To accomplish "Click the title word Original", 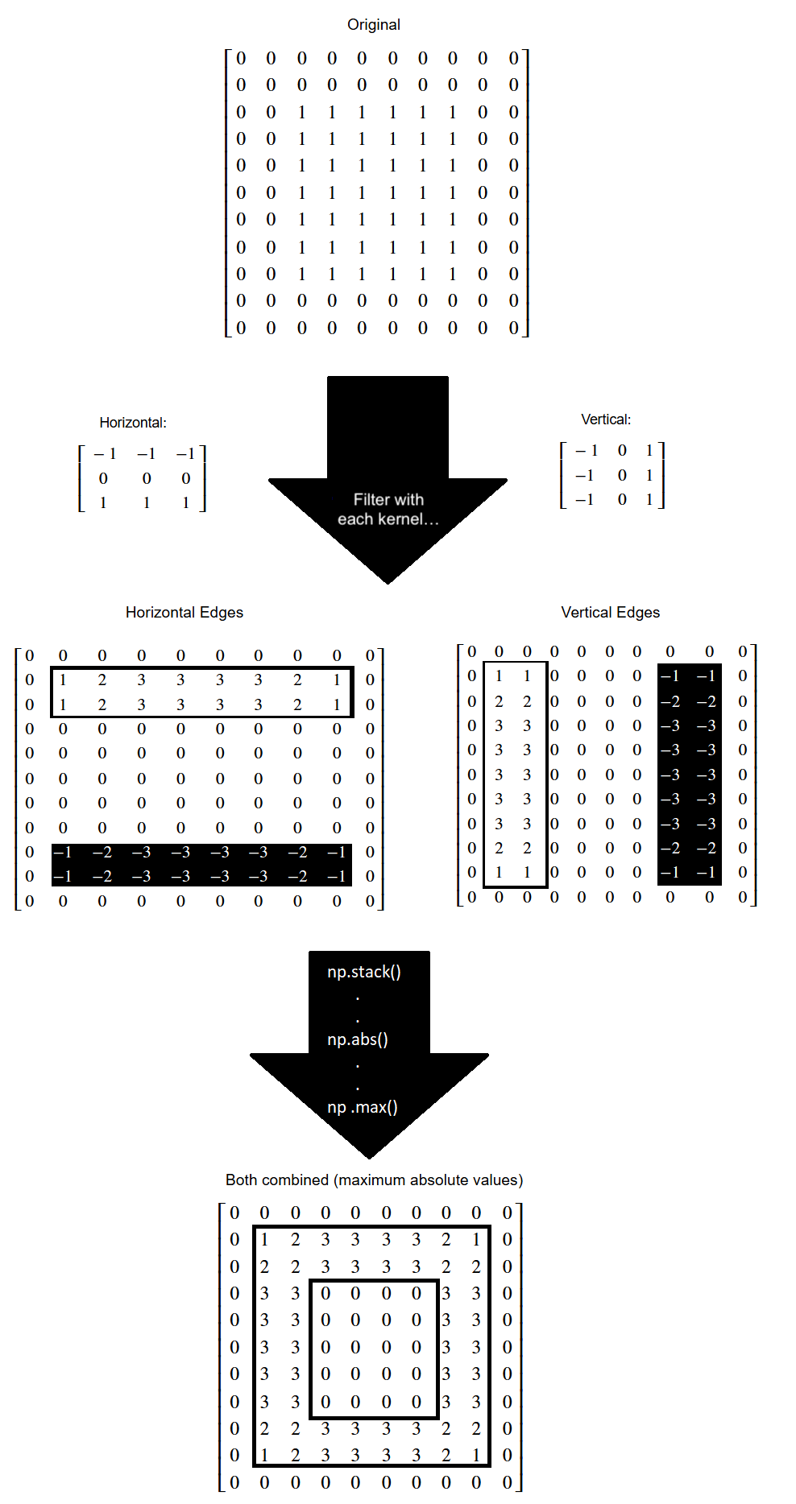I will coord(373,25).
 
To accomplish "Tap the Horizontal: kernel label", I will coord(133,423).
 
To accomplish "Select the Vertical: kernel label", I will coord(606,419).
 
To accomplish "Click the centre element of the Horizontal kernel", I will coord(147,478).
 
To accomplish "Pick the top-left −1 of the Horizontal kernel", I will coord(105,454).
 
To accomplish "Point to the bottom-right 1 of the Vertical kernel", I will coord(649,500).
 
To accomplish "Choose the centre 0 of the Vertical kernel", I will coord(622,476).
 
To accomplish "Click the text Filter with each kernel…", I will coord(388,510).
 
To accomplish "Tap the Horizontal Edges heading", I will coord(184,613).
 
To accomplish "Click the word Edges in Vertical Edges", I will coord(637,613).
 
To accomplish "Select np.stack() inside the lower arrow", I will coord(364,972).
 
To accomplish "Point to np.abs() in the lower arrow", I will coord(358,1039).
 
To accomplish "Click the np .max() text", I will coord(363,1107).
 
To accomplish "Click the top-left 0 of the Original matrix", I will coord(241,58).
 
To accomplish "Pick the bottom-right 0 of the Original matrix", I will coord(513,328).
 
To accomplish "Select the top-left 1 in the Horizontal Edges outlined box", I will coord(63,680).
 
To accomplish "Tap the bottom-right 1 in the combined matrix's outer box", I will coord(476,1456).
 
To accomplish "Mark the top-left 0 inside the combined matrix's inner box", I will coord(325,1294).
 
